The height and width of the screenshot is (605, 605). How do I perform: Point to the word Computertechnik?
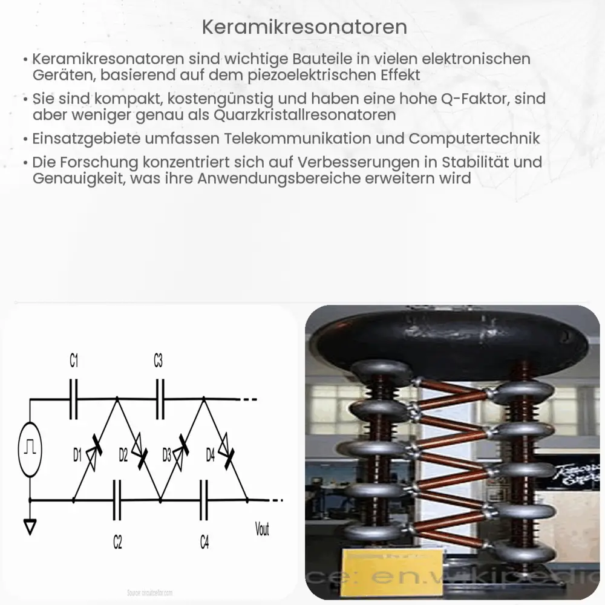coord(474,138)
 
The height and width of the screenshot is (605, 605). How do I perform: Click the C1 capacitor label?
coord(74,362)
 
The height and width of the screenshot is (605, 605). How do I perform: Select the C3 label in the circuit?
coord(158,362)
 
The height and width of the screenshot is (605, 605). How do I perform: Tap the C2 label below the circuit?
coord(117,542)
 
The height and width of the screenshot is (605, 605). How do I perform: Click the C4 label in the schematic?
coord(204,542)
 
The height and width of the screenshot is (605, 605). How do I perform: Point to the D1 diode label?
coord(77,456)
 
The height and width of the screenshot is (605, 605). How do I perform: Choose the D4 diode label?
coord(211,456)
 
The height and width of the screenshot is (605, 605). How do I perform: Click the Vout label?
coord(262,530)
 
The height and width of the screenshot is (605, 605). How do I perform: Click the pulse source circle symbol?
coord(30,449)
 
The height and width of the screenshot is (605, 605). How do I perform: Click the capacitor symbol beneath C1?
coord(74,399)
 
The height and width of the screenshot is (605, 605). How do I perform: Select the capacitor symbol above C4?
coord(204,500)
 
